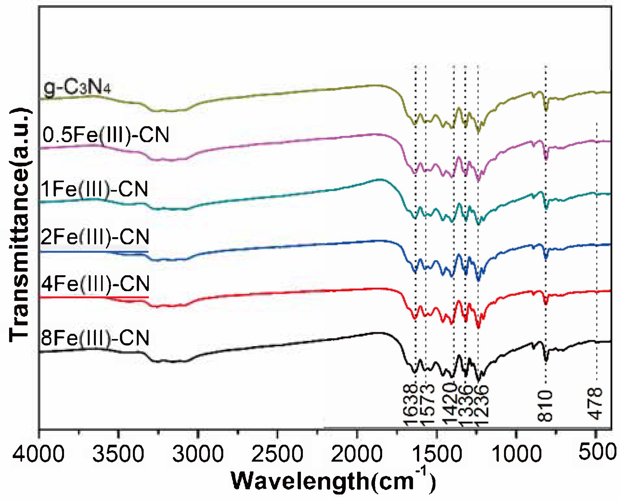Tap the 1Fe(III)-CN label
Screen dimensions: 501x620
pos(94,189)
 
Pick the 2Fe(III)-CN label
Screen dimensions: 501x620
pos(95,237)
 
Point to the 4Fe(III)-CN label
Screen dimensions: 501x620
pos(95,284)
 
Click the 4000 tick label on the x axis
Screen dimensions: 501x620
pos(38,454)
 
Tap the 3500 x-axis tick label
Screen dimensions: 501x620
pos(118,454)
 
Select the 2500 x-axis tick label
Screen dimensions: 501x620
pos(277,454)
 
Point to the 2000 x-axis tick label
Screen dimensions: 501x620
pos(357,454)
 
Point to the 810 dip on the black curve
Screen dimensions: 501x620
pos(546,360)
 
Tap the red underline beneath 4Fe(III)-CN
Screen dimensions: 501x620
pos(94,297)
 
